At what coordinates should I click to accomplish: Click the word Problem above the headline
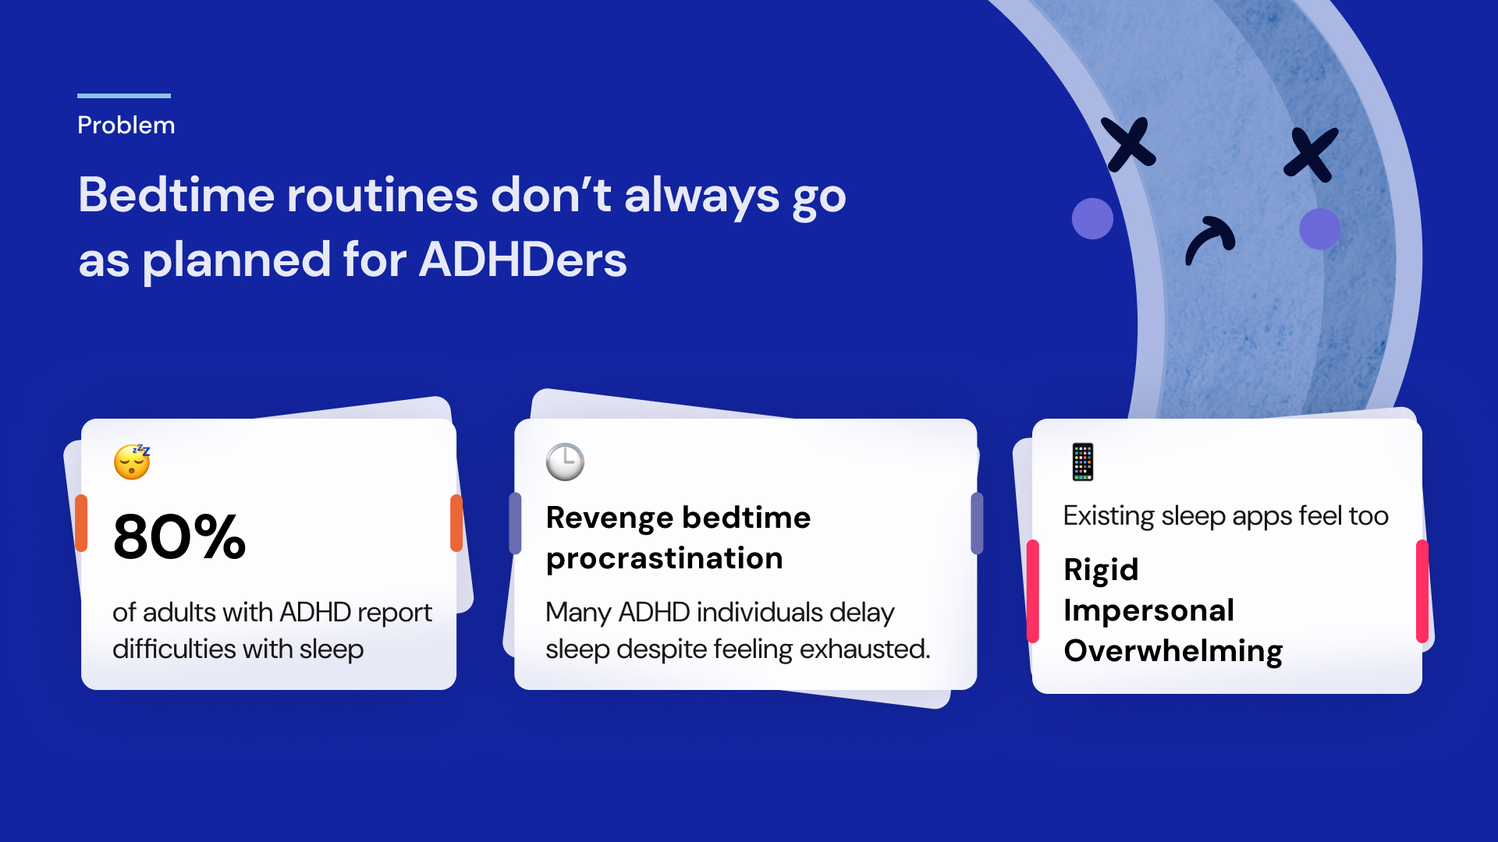(126, 126)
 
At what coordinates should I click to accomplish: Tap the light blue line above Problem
(124, 96)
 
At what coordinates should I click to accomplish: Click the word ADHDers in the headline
(523, 260)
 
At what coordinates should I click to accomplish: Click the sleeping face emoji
(132, 462)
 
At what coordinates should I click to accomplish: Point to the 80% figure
(179, 537)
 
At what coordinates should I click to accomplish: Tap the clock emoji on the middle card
(565, 462)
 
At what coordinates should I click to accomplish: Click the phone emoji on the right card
(1083, 462)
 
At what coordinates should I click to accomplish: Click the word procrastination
(664, 559)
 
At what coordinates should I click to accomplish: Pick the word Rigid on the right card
(1101, 571)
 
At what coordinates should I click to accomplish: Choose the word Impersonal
(1148, 610)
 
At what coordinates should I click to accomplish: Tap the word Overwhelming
(1173, 652)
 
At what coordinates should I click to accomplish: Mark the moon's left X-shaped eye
(1129, 144)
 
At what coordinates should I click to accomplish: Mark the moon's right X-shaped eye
(1312, 154)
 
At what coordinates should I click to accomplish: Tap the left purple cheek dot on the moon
(1092, 218)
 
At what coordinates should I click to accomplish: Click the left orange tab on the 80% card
(81, 523)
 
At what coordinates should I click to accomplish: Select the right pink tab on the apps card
(1422, 591)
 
